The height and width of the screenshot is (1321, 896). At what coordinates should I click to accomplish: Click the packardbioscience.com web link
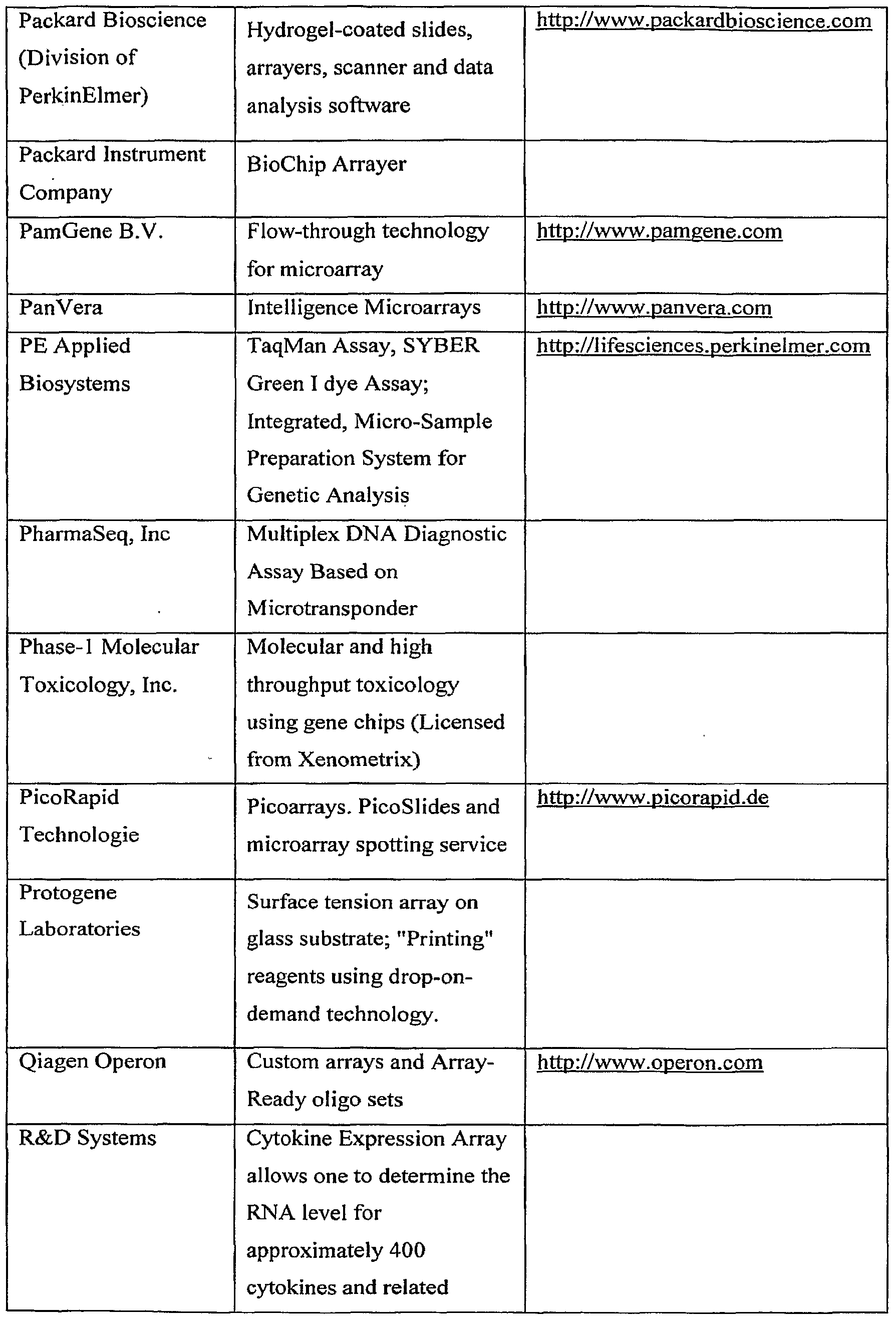tap(703, 21)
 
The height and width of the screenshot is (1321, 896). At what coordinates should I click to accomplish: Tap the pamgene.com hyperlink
tap(659, 231)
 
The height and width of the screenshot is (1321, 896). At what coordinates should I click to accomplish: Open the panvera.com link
tap(654, 308)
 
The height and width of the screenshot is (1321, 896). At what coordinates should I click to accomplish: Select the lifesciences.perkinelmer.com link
tap(703, 346)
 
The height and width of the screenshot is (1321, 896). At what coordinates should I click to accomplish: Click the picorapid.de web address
tap(652, 798)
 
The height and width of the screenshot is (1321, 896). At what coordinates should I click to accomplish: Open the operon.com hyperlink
tap(650, 1063)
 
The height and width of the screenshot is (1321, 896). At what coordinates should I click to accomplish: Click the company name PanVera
tap(61, 308)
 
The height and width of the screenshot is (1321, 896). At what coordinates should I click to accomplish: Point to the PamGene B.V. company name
tap(91, 231)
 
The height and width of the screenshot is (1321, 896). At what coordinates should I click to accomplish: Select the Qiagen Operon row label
tap(92, 1061)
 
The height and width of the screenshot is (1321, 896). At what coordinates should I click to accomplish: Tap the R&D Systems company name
tap(88, 1138)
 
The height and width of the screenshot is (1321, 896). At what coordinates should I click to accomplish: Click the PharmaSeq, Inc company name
tap(94, 534)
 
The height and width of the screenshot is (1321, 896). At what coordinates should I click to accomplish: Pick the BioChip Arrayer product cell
tap(326, 164)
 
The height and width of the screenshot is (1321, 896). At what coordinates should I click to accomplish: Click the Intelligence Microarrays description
tap(364, 308)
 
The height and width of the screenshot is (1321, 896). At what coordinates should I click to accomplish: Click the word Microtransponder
tap(332, 608)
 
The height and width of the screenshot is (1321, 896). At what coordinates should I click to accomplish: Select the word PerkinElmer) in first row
tap(84, 96)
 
